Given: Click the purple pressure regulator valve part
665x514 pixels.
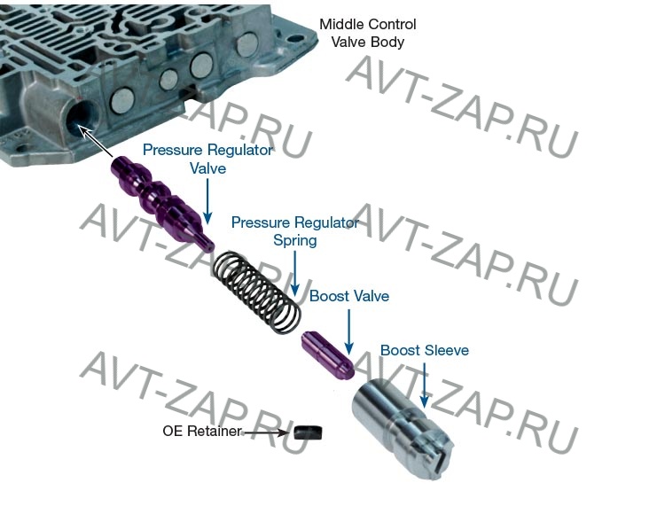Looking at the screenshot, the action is point(163,204).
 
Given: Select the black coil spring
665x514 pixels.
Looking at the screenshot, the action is point(257,292).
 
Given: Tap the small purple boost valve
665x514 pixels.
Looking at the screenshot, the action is point(328,355).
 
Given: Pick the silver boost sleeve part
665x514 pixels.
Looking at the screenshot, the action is point(403,429).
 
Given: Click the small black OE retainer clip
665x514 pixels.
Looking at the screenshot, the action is point(308,432).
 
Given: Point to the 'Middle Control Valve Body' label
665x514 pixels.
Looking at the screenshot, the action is point(368,33).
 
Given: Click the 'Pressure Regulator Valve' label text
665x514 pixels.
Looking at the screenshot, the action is point(207,159).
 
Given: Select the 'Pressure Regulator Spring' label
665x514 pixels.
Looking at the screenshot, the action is point(295,231).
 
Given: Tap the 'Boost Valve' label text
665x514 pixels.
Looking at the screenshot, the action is point(349,296).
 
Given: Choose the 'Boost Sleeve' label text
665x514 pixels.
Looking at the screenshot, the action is point(425,350).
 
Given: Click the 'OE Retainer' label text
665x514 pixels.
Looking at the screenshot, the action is point(202,431).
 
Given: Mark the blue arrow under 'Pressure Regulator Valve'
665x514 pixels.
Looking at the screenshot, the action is point(207,201).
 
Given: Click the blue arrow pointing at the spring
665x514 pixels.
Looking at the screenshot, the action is point(294,273).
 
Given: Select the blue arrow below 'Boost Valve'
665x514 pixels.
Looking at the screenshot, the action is point(349,331).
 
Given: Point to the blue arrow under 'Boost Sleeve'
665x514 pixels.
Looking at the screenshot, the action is point(424,385).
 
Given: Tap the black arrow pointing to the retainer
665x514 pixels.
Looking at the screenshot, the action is point(266,432).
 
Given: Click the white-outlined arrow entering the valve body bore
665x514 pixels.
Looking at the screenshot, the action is point(96,142).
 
